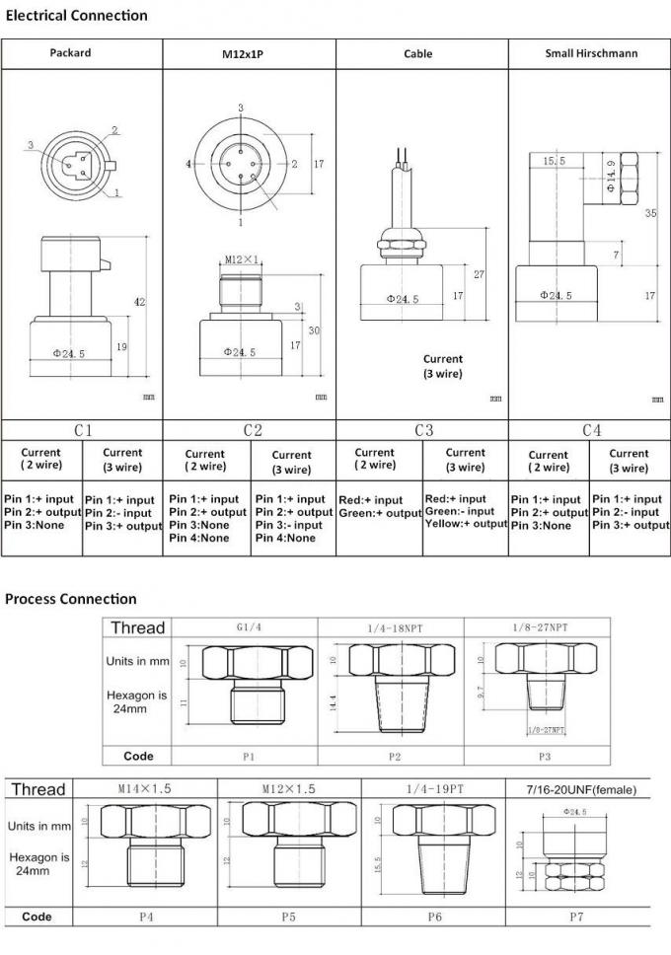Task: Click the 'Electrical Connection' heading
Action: click(76, 15)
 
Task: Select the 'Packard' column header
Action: click(70, 53)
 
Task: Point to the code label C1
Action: click(83, 430)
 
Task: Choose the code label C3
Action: click(423, 430)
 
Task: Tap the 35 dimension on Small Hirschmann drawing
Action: click(650, 212)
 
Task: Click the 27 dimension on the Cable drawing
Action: click(480, 274)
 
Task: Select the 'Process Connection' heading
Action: click(71, 599)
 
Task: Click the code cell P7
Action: click(577, 917)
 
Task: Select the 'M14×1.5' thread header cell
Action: click(145, 789)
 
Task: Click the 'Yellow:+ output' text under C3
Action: click(465, 524)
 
